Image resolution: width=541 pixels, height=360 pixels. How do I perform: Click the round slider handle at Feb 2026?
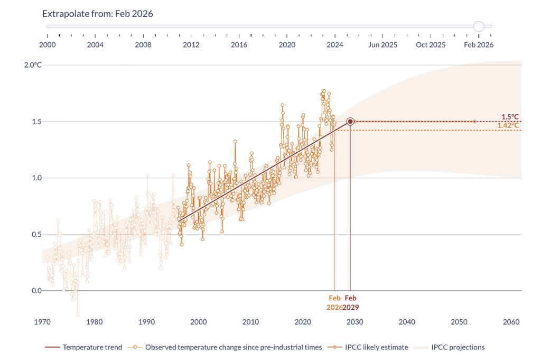[479, 26]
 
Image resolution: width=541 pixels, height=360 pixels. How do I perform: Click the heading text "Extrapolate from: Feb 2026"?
[98, 14]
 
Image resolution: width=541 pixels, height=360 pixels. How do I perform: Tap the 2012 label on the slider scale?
[191, 45]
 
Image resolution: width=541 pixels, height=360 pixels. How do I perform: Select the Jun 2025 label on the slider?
[383, 45]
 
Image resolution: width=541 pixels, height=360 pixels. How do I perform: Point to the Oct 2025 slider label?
[431, 45]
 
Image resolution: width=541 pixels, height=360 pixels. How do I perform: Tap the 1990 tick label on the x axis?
[146, 322]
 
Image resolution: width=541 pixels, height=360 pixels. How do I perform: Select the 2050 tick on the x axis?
[459, 322]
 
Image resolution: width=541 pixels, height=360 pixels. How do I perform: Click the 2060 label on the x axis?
[511, 322]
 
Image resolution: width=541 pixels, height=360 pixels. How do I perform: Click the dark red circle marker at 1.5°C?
[350, 122]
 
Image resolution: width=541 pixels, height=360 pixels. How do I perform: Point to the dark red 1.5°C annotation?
[510, 117]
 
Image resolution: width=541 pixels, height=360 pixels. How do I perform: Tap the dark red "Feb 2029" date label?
[350, 302]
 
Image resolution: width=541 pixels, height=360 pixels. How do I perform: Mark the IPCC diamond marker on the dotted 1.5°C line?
[474, 122]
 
